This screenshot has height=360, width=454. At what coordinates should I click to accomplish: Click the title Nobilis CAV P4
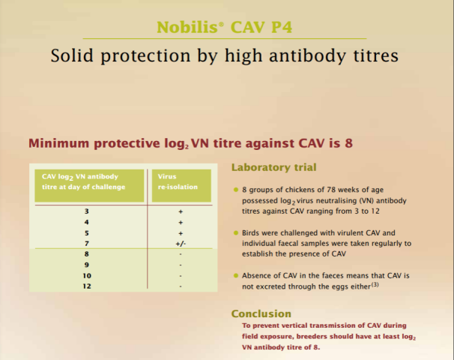(x=225, y=28)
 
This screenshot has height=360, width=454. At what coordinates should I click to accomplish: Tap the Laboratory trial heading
(x=274, y=167)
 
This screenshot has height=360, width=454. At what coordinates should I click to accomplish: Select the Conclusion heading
(x=261, y=313)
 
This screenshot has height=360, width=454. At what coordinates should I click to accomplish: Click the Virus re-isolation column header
(x=178, y=181)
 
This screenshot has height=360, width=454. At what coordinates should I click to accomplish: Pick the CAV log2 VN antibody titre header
(x=83, y=181)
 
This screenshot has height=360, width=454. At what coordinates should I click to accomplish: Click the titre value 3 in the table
(x=87, y=211)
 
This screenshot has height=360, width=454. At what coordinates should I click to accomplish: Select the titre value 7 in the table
(x=87, y=244)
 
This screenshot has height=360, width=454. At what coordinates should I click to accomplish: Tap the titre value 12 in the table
(x=87, y=286)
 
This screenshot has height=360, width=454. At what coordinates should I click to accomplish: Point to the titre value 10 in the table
(x=87, y=276)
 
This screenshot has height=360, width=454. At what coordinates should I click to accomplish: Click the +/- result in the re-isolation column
(x=181, y=244)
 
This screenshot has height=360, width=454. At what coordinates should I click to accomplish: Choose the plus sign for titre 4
(x=181, y=222)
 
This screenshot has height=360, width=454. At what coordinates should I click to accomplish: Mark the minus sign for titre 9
(x=181, y=265)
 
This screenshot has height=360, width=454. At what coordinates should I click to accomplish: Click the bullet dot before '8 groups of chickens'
(x=236, y=190)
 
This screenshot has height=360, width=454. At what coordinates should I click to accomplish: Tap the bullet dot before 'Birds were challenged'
(x=236, y=232)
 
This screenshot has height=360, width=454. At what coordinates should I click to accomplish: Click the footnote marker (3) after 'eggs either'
(x=375, y=284)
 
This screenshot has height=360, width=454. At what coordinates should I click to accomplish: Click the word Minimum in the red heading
(x=58, y=143)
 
